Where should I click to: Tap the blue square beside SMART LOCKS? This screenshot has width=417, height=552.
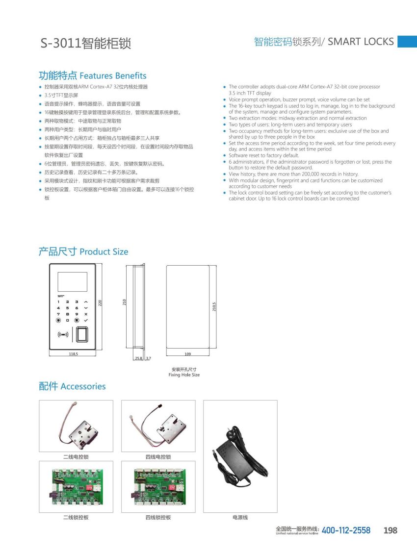point(407,42)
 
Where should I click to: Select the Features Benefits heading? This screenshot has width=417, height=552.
point(92,75)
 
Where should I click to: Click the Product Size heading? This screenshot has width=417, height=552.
point(83,251)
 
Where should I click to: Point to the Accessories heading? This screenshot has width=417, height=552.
point(72,386)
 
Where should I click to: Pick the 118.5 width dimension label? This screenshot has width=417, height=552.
point(74,353)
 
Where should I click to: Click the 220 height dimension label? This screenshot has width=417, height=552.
point(100,303)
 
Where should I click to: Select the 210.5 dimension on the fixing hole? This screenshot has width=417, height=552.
point(214,306)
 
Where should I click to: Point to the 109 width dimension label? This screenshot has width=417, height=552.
point(187,353)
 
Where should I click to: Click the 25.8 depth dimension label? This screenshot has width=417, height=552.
point(138,359)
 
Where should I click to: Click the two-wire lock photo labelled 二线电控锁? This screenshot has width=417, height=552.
point(76,426)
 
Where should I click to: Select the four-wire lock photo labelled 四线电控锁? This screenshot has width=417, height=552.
point(158,426)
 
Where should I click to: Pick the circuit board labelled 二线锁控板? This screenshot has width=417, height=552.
point(76,486)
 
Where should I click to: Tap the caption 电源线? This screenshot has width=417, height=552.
point(240,518)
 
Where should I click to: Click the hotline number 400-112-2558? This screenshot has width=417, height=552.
point(346,530)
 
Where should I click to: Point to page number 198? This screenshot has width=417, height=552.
point(390,530)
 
